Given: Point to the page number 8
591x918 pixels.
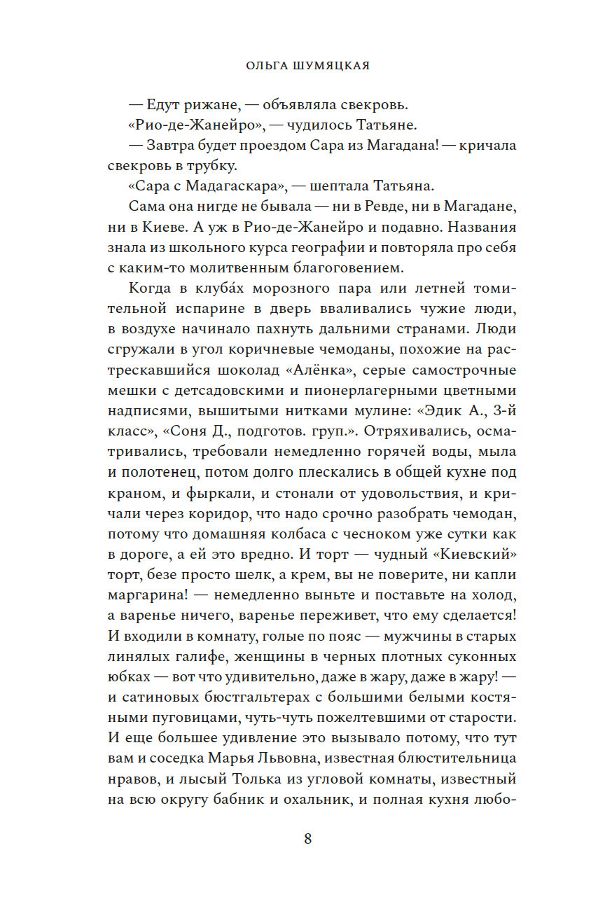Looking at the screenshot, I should click(x=307, y=840).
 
